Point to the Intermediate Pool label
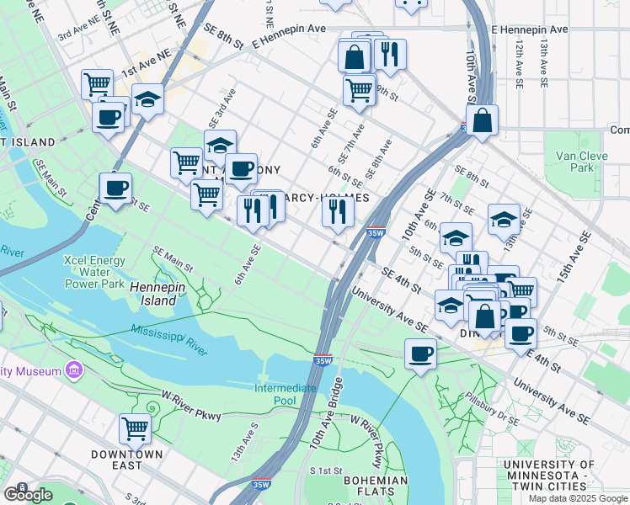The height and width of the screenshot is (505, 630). tap(286, 394)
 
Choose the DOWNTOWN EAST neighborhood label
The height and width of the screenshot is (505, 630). tap(127, 460)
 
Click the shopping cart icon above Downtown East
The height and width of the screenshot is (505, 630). tap(135, 428)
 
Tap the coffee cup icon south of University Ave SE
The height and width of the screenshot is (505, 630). tap(420, 353)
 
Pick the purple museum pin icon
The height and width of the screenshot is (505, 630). tap(74, 371)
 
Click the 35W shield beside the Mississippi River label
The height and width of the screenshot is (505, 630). tap(323, 360)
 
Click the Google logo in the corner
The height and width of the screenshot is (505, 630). tap(29, 494)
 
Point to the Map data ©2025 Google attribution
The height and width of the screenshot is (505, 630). tap(578, 498)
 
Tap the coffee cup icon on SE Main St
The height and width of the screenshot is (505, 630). tap(115, 188)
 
